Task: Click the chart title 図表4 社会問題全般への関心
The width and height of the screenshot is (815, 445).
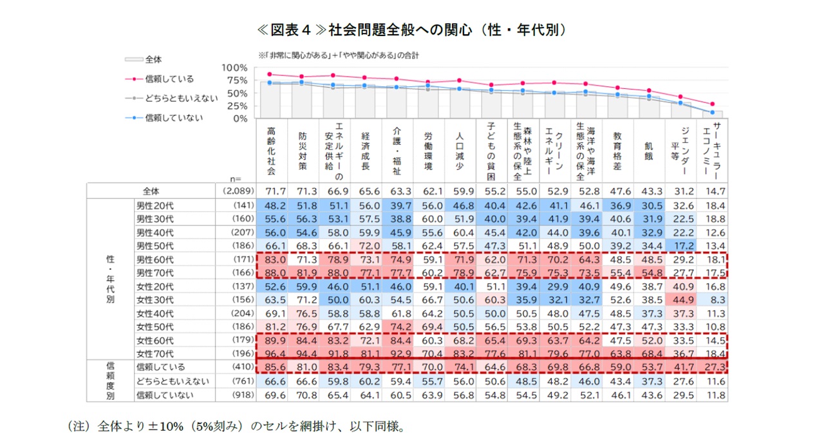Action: [407, 30]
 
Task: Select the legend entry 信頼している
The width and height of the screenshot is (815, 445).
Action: [169, 79]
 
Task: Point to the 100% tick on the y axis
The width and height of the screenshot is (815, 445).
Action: [234, 68]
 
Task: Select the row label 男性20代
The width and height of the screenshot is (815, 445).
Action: [155, 205]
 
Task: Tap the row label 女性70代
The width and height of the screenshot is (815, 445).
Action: [155, 354]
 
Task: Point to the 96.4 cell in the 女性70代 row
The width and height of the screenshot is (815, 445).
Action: [271, 354]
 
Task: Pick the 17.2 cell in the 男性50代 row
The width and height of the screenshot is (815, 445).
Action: [682, 246]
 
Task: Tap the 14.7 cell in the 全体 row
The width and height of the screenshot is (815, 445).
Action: [715, 191]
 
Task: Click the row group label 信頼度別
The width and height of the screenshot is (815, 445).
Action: [110, 381]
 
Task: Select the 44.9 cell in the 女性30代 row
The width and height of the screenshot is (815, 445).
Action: [682, 300]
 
